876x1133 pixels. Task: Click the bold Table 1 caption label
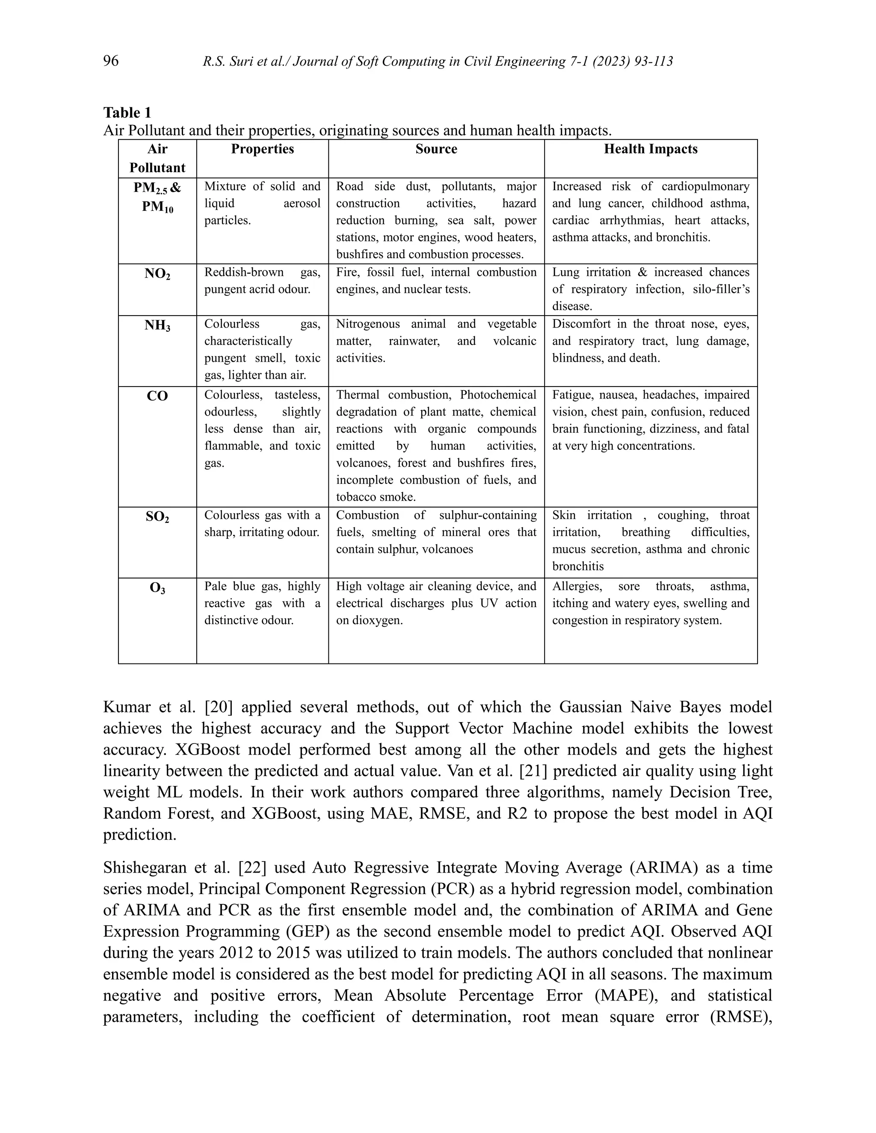[x=127, y=112]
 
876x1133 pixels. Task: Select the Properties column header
[x=262, y=149]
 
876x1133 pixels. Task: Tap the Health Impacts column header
[x=650, y=149]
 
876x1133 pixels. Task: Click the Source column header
[x=436, y=149]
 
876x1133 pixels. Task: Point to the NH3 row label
[x=157, y=326]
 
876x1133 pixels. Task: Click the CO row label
[x=157, y=396]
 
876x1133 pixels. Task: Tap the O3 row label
[x=157, y=588]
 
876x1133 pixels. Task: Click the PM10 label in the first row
[x=158, y=207]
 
